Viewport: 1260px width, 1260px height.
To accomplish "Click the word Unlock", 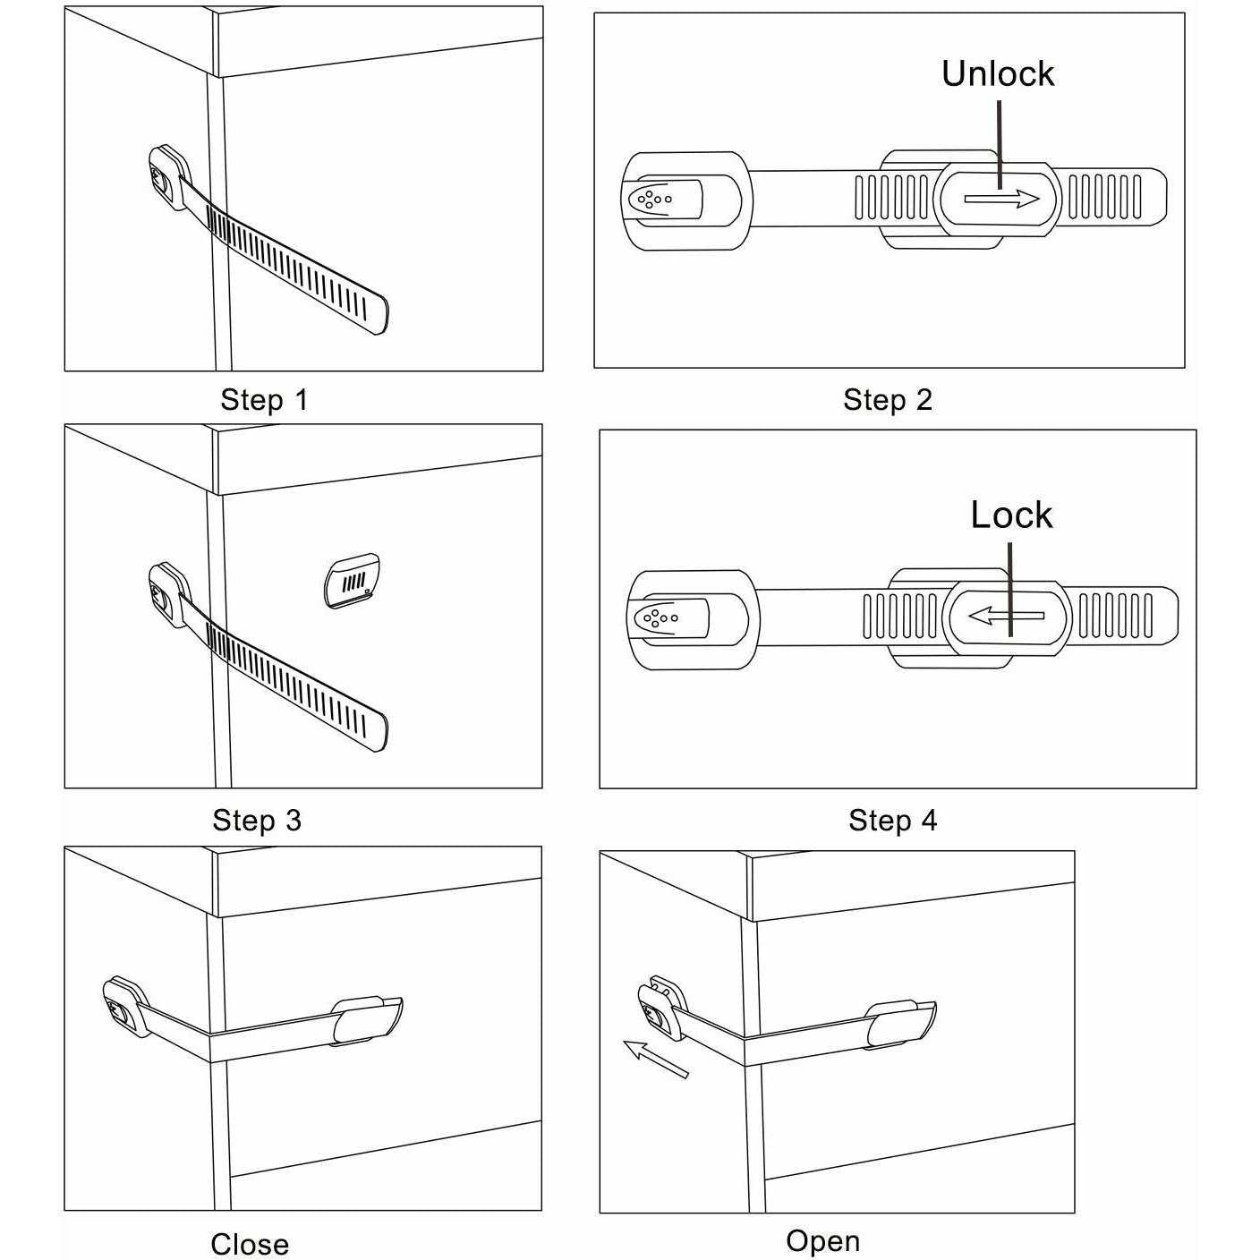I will (997, 74).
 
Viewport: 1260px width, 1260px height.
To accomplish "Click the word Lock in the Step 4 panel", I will (1011, 515).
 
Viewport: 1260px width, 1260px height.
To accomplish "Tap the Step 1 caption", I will (264, 400).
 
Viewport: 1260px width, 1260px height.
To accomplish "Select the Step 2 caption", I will (887, 400).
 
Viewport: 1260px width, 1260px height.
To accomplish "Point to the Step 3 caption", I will (257, 820).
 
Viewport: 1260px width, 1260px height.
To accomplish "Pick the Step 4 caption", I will (892, 820).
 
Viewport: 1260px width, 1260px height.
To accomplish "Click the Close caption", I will (250, 1244).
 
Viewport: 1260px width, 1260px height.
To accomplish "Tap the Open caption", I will (822, 1240).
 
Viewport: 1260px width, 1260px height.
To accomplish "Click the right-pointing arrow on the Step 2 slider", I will (1001, 199).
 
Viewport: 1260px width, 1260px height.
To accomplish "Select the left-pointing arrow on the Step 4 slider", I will (1007, 616).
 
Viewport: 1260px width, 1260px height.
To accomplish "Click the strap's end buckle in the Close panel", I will (367, 1020).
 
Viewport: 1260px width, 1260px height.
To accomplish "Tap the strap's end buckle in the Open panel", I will (901, 1025).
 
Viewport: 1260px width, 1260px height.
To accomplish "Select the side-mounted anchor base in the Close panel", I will (124, 1007).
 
